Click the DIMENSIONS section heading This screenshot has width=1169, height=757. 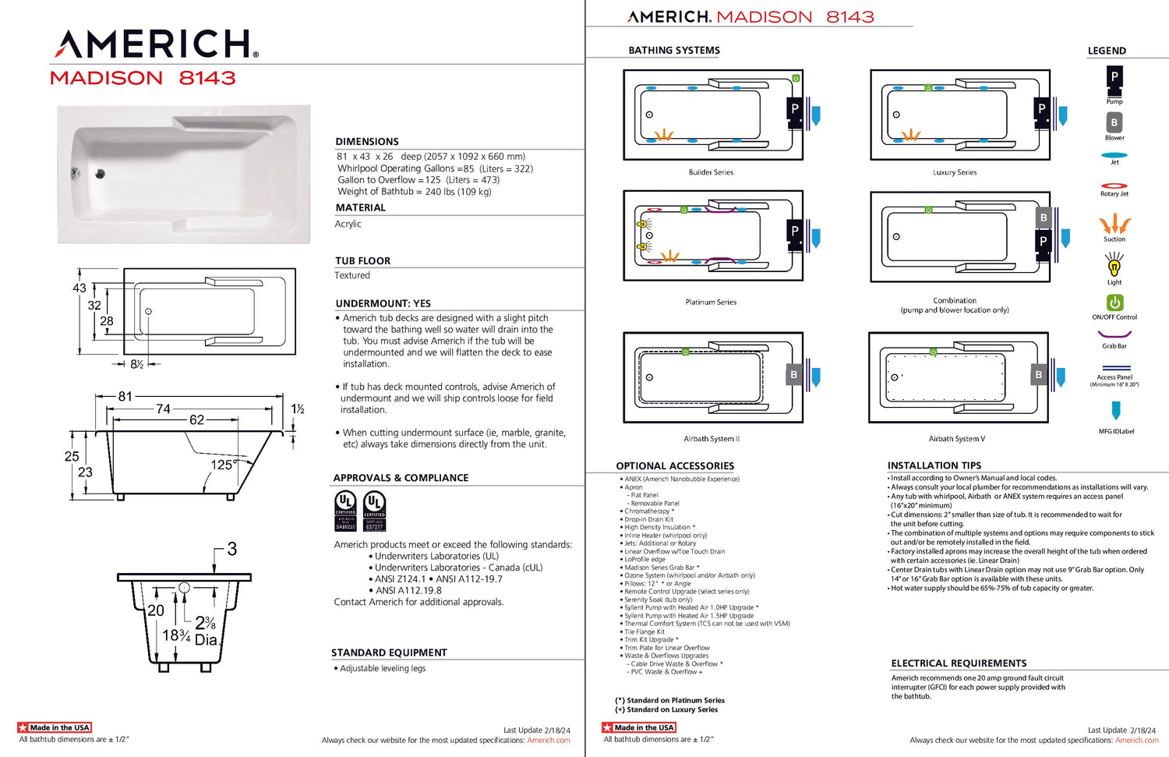click(367, 142)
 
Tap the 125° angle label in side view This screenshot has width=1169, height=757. click(223, 465)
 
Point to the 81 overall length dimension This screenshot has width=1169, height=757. click(125, 397)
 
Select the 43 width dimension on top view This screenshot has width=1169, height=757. click(79, 288)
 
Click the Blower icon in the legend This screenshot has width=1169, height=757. click(1114, 122)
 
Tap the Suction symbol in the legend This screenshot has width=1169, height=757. click(1114, 225)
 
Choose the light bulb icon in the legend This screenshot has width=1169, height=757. click(1114, 267)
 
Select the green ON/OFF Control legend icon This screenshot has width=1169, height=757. click(1114, 302)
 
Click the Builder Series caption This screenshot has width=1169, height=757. click(711, 172)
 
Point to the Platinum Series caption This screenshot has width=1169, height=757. click(711, 302)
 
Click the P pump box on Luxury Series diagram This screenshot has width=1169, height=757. click(1042, 109)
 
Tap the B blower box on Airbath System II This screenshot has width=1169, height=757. click(794, 375)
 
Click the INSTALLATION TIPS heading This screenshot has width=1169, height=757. click(934, 465)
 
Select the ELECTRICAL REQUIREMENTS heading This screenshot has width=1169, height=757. click(959, 663)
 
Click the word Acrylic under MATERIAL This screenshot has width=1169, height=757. click(348, 224)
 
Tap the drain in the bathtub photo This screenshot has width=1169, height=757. click(100, 174)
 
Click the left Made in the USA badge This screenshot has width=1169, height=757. click(55, 727)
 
